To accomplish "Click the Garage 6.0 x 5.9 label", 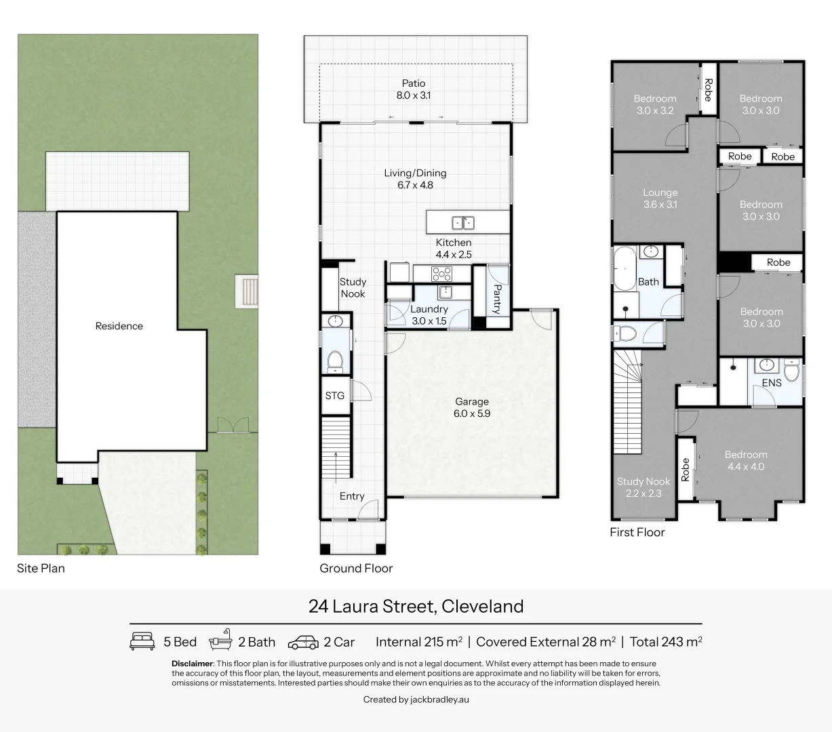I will [x=472, y=407].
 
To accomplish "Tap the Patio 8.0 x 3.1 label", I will [x=414, y=89].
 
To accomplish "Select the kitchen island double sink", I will [x=463, y=222].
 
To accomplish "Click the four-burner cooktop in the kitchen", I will [x=441, y=274].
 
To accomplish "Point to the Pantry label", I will [x=496, y=299].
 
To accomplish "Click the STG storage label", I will [x=335, y=396].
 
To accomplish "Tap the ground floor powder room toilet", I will [x=335, y=361].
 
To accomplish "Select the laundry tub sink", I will [x=445, y=292].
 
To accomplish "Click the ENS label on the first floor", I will [x=772, y=383].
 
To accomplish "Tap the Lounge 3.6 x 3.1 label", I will [x=660, y=199].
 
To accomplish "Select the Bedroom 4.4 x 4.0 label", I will [x=746, y=461].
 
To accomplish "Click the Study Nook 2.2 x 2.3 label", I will [x=643, y=487].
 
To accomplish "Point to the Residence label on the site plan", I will [x=119, y=326].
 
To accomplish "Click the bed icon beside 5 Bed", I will [x=142, y=641].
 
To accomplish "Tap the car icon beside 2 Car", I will [x=303, y=642].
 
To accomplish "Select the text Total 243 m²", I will [x=665, y=642].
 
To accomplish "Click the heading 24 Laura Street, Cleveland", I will [x=416, y=606].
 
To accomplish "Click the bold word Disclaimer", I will [x=192, y=664].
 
